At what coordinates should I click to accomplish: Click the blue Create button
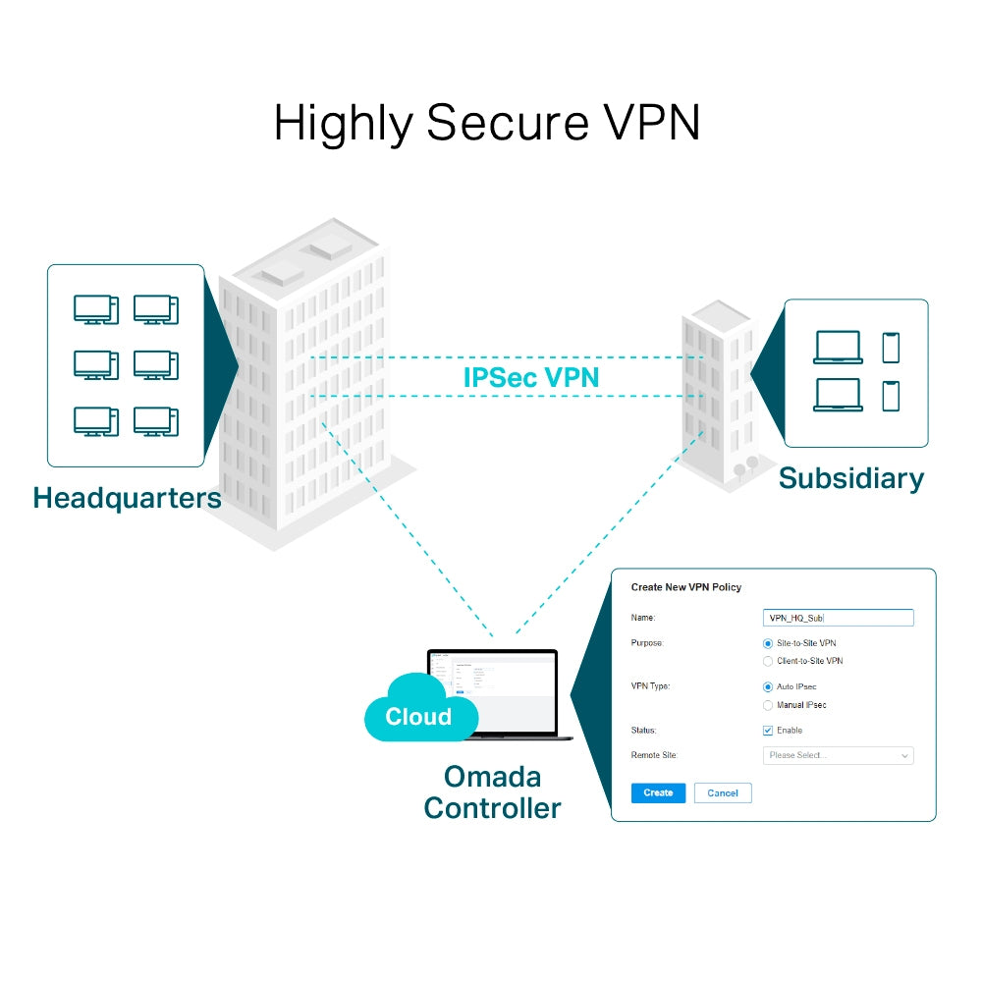click(x=658, y=792)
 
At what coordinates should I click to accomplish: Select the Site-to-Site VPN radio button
click(x=768, y=642)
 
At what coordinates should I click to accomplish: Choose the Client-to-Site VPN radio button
click(x=768, y=661)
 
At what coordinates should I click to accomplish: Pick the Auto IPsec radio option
click(x=768, y=686)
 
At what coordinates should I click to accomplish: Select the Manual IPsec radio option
click(x=768, y=705)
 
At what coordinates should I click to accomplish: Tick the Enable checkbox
click(x=768, y=731)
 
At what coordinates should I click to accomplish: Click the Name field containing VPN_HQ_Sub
click(x=838, y=618)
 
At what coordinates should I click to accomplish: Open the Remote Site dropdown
click(x=838, y=755)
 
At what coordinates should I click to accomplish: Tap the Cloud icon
click(x=416, y=712)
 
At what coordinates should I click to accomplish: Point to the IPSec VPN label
click(x=530, y=377)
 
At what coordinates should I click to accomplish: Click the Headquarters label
click(x=127, y=498)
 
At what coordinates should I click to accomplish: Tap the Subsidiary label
click(x=850, y=478)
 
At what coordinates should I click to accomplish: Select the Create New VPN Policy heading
click(x=685, y=587)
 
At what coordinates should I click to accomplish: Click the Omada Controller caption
click(x=492, y=792)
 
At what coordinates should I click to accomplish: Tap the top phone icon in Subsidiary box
click(x=891, y=348)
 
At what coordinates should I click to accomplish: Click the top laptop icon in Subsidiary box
click(x=838, y=348)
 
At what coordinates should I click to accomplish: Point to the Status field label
click(x=643, y=731)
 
